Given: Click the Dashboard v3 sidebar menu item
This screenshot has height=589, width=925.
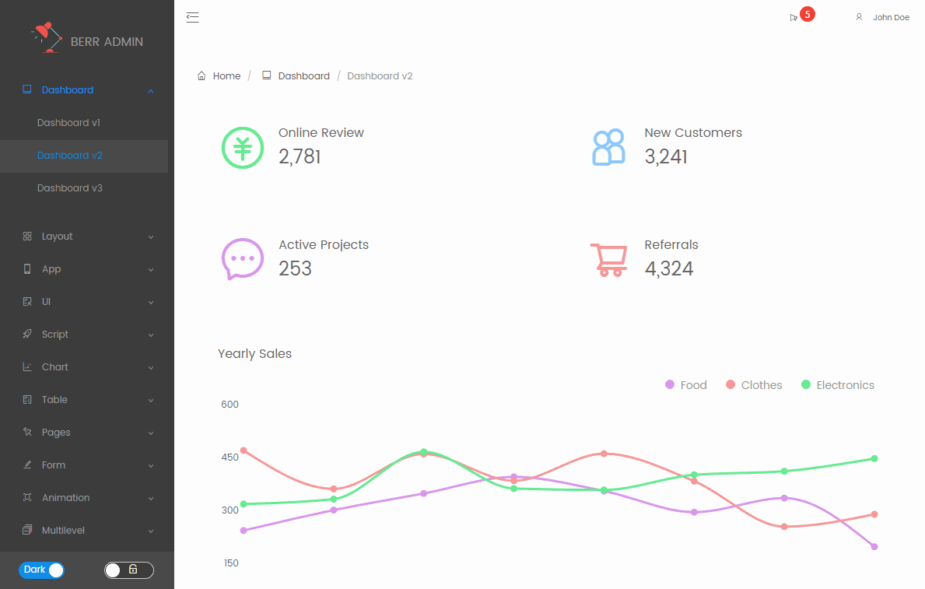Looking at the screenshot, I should pyautogui.click(x=70, y=188).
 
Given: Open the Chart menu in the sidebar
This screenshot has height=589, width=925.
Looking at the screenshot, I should pyautogui.click(x=55, y=367).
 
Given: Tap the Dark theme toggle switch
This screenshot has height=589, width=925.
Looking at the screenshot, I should pyautogui.click(x=41, y=570).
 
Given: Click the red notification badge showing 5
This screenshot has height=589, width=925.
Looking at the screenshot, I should pyautogui.click(x=808, y=14).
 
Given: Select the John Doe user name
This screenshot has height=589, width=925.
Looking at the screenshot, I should pyautogui.click(x=890, y=17).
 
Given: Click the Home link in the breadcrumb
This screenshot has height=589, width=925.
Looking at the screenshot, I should pyautogui.click(x=226, y=76).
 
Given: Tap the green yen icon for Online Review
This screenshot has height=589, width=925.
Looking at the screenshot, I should pyautogui.click(x=243, y=147).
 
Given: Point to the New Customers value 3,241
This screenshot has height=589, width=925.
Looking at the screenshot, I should pyautogui.click(x=666, y=156).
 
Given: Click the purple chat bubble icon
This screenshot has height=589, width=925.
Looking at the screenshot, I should pyautogui.click(x=243, y=258).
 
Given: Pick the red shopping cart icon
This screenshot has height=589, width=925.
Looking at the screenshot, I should pyautogui.click(x=609, y=260).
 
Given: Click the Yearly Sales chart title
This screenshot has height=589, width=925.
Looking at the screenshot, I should pyautogui.click(x=254, y=354).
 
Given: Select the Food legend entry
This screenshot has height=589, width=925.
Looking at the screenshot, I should pyautogui.click(x=686, y=385).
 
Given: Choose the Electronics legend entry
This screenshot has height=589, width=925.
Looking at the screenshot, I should pyautogui.click(x=838, y=385).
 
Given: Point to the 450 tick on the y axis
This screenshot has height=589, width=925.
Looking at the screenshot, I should pyautogui.click(x=229, y=458).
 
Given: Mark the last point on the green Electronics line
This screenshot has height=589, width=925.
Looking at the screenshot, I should pyautogui.click(x=874, y=458).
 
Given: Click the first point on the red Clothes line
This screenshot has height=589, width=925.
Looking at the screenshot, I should pyautogui.click(x=244, y=451).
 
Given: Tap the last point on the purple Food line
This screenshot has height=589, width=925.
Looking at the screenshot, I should pyautogui.click(x=874, y=546).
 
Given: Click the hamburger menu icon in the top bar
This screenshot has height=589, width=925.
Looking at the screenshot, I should pyautogui.click(x=193, y=17).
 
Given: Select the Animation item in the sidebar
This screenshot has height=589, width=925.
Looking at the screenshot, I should pyautogui.click(x=65, y=498).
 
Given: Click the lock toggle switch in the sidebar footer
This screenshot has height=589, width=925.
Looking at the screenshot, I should pyautogui.click(x=129, y=570).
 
